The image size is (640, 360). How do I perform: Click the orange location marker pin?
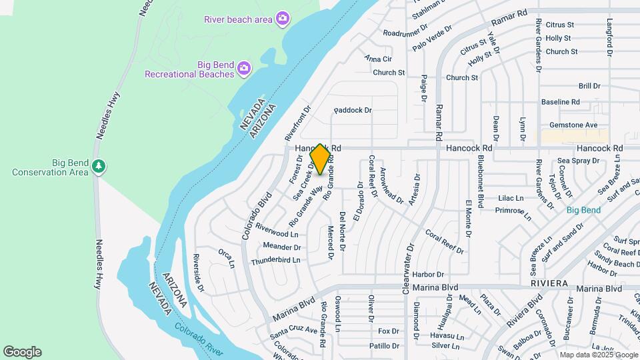[320, 159]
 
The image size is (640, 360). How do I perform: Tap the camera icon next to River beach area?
[283, 18]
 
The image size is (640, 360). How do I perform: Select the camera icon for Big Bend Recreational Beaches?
[244, 67]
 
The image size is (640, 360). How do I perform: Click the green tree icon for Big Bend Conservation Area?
[99, 165]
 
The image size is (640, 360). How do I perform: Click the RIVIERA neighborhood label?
[549, 283]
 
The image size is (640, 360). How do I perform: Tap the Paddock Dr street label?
[353, 109]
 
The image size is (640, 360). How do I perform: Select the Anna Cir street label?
[378, 59]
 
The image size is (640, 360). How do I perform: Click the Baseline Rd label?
[560, 102]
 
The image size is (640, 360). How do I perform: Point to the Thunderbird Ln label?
[275, 261]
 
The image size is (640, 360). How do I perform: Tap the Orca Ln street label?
[227, 259]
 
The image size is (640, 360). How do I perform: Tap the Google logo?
[22, 352]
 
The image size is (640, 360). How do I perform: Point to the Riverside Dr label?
[198, 273]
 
